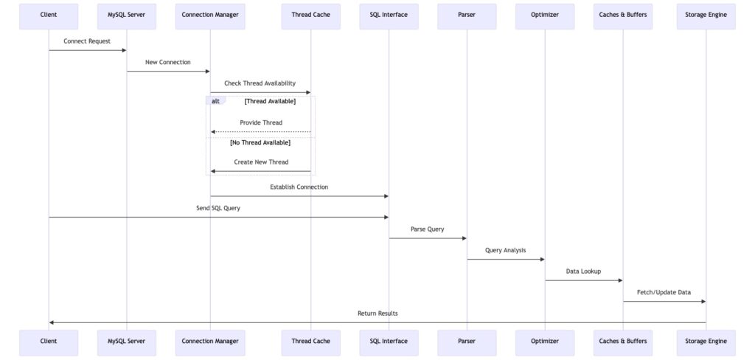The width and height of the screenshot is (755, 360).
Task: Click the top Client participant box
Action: (49, 15)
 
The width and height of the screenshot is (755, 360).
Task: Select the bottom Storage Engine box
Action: (706, 342)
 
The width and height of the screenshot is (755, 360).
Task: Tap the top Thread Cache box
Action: (310, 15)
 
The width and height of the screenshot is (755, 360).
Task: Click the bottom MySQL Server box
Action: (126, 342)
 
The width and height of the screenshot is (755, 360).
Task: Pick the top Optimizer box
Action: (545, 15)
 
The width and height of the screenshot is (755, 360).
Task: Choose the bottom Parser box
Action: (467, 342)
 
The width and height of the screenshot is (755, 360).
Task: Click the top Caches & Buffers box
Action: (623, 15)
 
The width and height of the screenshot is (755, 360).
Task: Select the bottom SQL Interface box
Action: (389, 342)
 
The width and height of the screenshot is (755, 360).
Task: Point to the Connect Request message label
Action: (87, 41)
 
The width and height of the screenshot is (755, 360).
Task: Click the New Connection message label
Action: (167, 62)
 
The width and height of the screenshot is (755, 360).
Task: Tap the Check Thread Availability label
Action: (260, 83)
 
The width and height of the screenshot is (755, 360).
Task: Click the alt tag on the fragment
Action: (215, 101)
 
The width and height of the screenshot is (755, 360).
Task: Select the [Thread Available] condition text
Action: (270, 101)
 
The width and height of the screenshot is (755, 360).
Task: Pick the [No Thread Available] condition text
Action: (260, 142)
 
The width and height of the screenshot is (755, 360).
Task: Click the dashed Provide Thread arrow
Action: (260, 132)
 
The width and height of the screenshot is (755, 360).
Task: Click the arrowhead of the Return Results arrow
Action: (52, 322)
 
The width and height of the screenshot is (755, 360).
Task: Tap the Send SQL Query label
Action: (218, 209)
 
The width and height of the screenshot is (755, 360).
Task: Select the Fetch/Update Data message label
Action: (664, 292)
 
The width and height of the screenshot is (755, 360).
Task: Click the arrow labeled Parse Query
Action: (428, 238)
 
